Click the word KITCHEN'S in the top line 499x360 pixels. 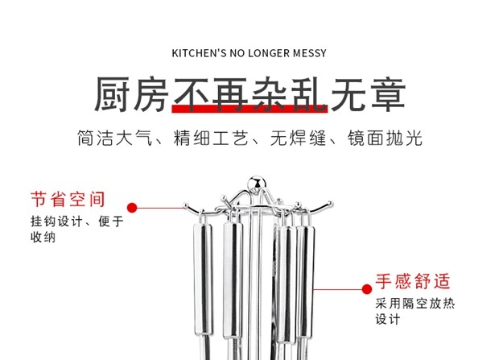(x=200, y=54)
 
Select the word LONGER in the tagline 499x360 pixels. (x=267, y=54)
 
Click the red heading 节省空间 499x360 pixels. (x=68, y=198)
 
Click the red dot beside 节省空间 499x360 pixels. (x=132, y=207)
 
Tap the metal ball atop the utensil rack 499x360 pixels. (x=255, y=183)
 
